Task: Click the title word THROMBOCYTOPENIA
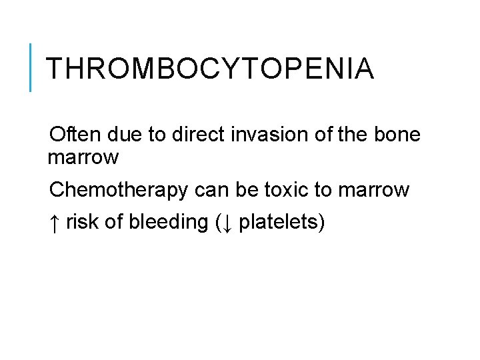coord(210,69)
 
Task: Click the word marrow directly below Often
coord(83,158)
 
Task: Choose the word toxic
coord(287,190)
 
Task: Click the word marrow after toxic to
coord(374,190)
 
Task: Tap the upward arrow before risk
coord(55,222)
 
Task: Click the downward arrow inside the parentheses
coord(227,223)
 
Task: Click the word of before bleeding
coord(114,222)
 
